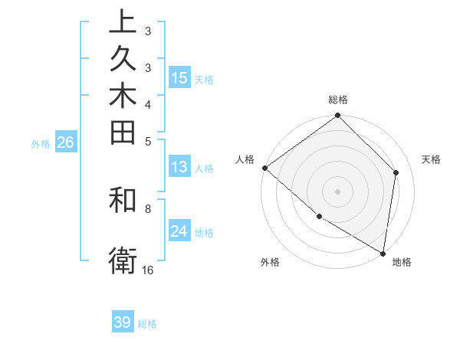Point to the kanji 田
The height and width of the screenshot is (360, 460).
[x=123, y=133]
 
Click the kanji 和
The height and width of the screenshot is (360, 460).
[x=123, y=200]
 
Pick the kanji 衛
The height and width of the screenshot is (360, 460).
[x=123, y=261]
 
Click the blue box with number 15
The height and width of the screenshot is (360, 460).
[x=179, y=77]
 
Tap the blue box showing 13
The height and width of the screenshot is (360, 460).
[x=179, y=167]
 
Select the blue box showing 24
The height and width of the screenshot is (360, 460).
[x=179, y=231]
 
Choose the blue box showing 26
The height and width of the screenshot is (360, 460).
[x=65, y=142]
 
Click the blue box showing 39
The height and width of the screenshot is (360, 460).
[x=122, y=322]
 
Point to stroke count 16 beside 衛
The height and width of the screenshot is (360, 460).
[x=148, y=270]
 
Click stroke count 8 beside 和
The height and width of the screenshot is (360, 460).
[x=148, y=208]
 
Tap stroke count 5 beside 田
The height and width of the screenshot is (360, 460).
[x=148, y=140]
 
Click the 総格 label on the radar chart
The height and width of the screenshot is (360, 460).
[x=338, y=100]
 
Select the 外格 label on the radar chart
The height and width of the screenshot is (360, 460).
[x=270, y=262]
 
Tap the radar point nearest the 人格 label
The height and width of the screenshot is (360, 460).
[x=264, y=168]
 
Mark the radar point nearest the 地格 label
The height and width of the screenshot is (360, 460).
[x=383, y=252]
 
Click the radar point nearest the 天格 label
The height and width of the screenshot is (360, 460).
[x=396, y=172]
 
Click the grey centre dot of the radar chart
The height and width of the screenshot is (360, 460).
[x=337, y=191]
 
